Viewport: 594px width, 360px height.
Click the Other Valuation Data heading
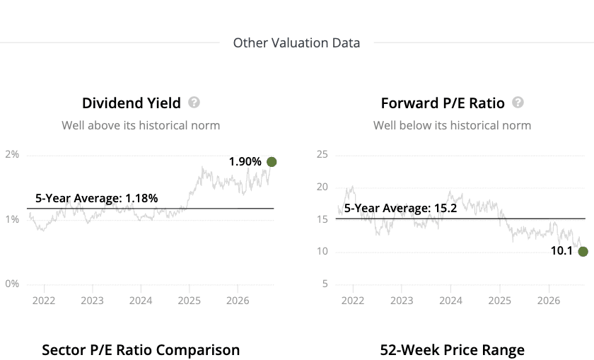point(296,43)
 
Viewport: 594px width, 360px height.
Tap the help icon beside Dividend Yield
point(194,103)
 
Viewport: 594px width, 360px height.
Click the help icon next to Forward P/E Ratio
point(518,103)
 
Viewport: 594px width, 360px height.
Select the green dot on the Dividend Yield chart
point(272,162)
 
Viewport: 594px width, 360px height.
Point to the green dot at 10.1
point(583,251)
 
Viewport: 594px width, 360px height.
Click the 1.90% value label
point(245,161)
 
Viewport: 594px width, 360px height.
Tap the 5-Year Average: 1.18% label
point(97,198)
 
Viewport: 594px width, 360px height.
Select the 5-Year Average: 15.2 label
point(400,208)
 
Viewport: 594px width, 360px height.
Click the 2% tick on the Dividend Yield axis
point(12,154)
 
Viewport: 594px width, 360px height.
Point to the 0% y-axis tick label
point(12,284)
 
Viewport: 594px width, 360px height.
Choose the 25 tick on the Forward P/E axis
point(322,154)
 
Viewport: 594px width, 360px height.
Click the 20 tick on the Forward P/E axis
point(322,187)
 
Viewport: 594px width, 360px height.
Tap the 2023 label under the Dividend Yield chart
point(92,301)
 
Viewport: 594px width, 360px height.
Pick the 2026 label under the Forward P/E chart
point(549,301)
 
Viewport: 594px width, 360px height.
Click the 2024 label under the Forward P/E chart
point(450,301)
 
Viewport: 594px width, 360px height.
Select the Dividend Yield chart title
point(132,103)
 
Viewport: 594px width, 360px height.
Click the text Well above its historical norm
point(141,125)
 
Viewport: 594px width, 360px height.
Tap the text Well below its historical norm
point(453,125)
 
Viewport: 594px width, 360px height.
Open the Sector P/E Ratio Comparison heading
point(141,350)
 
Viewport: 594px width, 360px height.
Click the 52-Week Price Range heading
point(453,350)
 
